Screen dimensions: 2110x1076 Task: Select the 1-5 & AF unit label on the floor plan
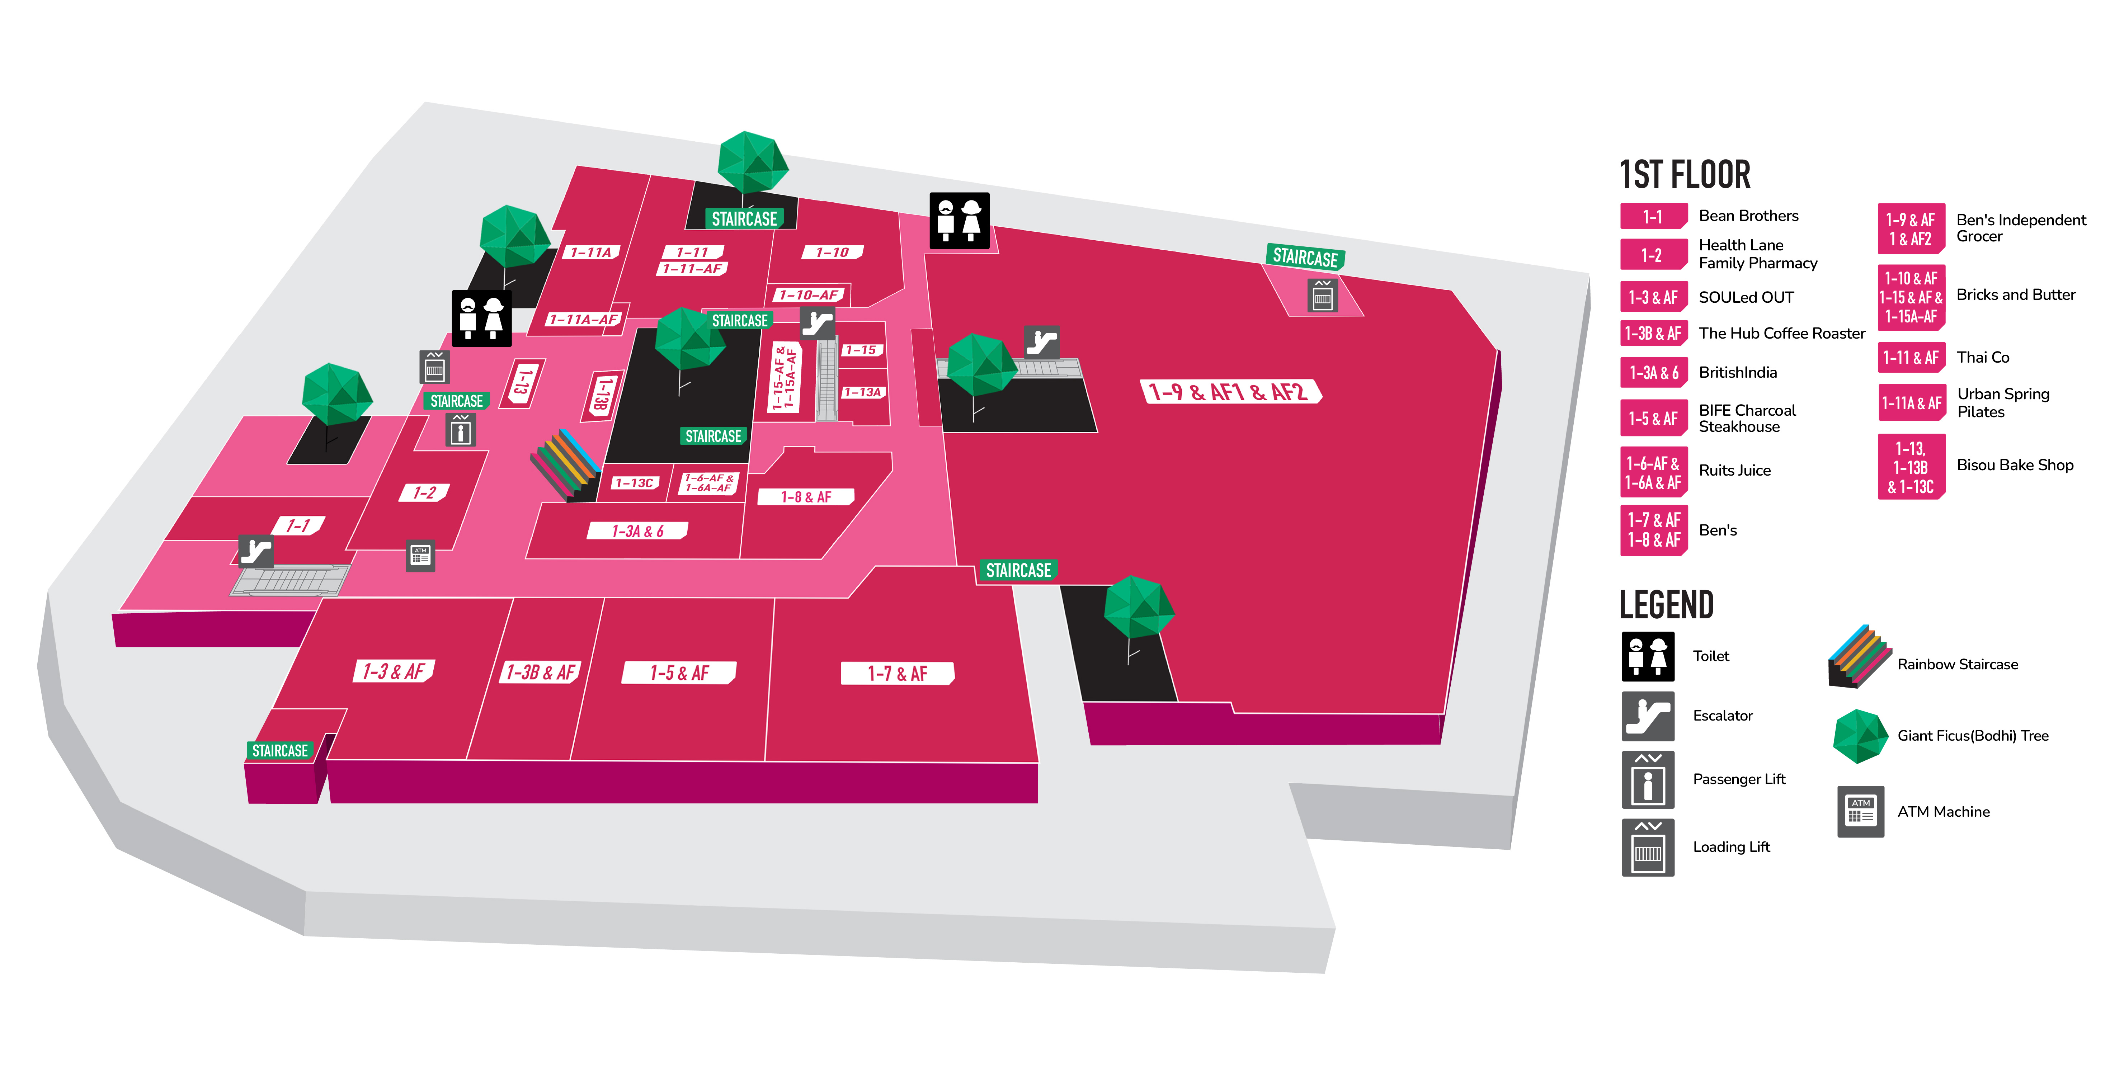[679, 672]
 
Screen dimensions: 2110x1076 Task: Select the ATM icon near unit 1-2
[420, 557]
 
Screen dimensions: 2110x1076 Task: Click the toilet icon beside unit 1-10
[959, 220]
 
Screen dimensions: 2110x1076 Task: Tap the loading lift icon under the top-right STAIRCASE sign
[1323, 295]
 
